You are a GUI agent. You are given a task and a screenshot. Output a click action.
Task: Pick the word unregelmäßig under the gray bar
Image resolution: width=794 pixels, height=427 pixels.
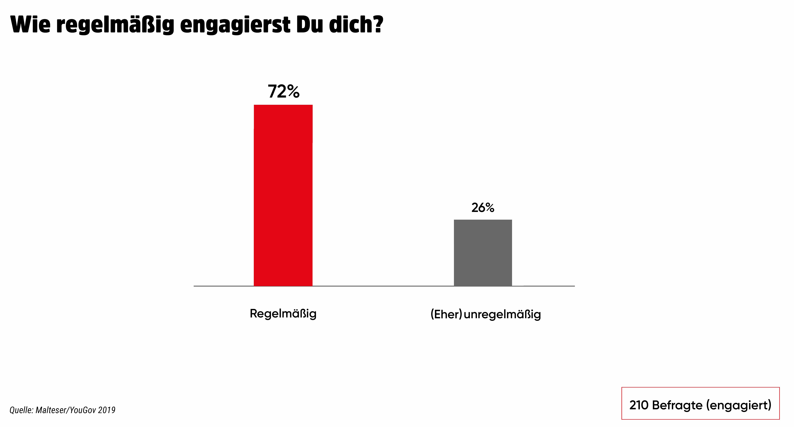[502, 314]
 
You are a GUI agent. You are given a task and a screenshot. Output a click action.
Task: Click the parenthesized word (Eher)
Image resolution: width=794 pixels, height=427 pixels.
[446, 314]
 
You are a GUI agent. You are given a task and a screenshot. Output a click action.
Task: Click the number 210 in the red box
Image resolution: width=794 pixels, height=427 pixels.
[639, 405]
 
